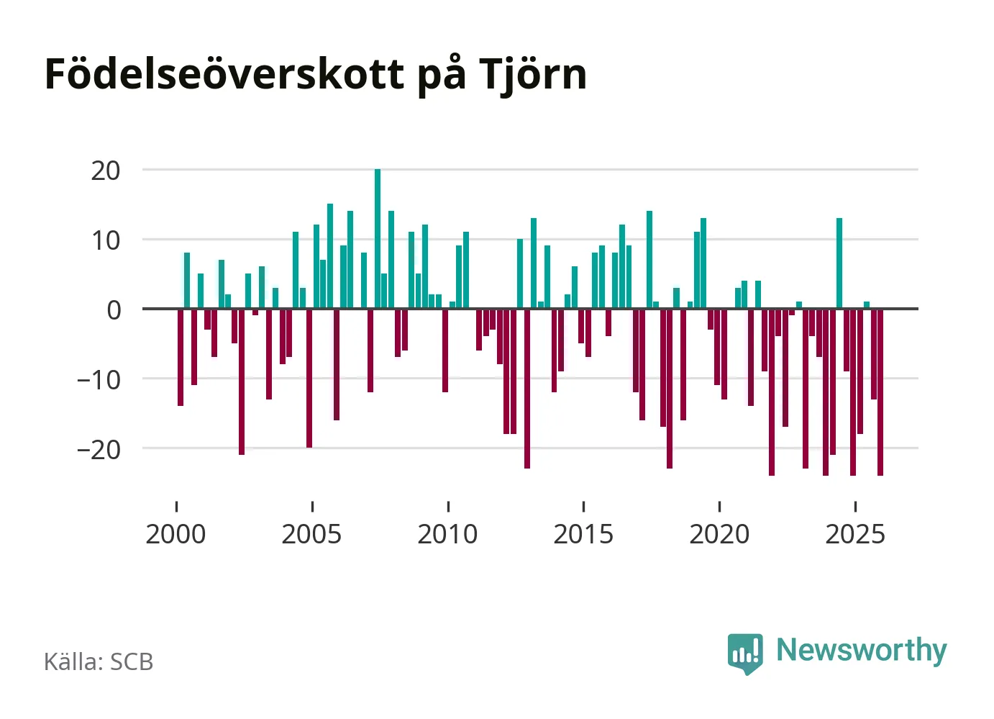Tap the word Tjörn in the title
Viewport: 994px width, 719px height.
click(x=532, y=75)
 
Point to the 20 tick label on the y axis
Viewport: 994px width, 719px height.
click(x=106, y=171)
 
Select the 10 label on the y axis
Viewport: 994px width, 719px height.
click(x=106, y=240)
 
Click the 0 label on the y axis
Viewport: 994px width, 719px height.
click(x=114, y=310)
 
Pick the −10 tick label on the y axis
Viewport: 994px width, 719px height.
click(x=99, y=380)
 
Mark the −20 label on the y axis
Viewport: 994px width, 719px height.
click(x=99, y=450)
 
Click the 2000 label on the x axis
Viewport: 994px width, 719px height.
click(x=175, y=535)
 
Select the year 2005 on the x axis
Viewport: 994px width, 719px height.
click(x=311, y=535)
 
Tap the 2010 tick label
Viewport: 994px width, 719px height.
click(x=447, y=535)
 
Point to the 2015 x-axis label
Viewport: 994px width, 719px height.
click(x=583, y=535)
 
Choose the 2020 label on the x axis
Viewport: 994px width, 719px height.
click(x=719, y=535)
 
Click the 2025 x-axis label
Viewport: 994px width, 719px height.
click(x=855, y=535)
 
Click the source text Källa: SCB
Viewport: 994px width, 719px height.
click(x=99, y=662)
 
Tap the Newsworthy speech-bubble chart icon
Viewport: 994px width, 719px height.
click(x=745, y=653)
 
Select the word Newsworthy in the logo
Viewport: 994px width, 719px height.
click(x=861, y=650)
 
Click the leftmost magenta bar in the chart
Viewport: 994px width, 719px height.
click(x=181, y=357)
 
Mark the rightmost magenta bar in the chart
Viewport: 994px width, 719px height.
click(x=880, y=392)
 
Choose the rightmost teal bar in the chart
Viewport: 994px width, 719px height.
click(x=867, y=305)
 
